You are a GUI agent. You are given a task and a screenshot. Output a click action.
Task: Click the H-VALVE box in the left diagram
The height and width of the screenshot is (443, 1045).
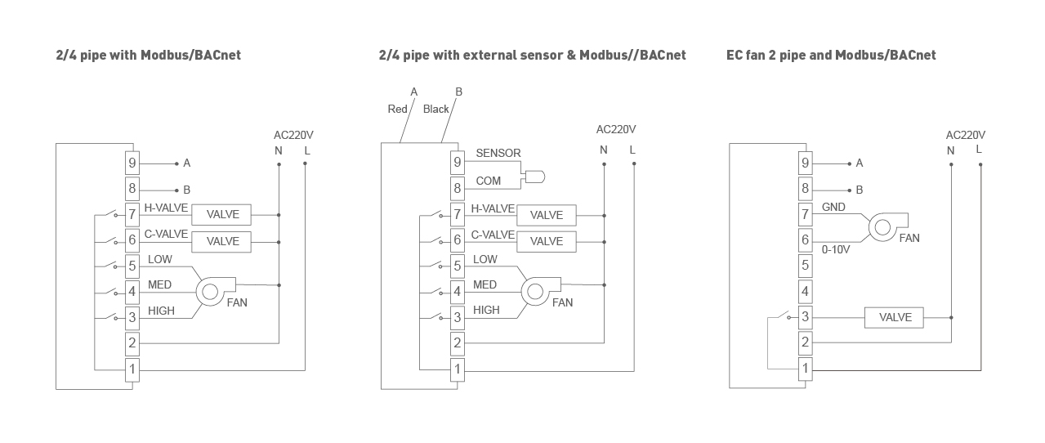click(222, 215)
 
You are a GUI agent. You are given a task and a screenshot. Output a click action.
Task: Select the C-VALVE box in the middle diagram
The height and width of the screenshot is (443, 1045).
click(546, 242)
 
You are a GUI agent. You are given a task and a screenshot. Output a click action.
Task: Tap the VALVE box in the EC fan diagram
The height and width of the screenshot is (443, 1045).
click(894, 317)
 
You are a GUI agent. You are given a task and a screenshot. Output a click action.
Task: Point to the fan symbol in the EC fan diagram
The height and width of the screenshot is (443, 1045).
click(882, 228)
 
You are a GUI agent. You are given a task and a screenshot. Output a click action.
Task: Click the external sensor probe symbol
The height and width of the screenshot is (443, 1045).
click(536, 176)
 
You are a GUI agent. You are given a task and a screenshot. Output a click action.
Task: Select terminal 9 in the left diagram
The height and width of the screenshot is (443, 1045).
click(132, 163)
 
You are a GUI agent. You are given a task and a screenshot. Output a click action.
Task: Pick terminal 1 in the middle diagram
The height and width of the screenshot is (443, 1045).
click(458, 369)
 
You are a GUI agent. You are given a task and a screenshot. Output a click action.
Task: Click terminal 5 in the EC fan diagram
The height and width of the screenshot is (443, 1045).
click(805, 265)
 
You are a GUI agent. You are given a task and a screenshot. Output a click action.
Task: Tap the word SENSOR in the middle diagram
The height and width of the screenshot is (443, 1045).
click(498, 154)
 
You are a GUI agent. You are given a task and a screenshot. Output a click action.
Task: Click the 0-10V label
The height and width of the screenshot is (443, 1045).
click(836, 250)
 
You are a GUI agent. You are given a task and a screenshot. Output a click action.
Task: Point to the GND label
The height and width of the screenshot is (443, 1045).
click(833, 208)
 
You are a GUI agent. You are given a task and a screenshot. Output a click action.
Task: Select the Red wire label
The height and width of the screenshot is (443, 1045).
click(397, 110)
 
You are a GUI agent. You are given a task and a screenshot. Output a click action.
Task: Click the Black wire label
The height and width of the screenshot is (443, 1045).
click(435, 110)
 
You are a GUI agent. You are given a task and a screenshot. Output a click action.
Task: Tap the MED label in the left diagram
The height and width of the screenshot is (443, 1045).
click(159, 285)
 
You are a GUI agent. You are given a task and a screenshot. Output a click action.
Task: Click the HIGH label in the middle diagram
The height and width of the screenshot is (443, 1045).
click(486, 311)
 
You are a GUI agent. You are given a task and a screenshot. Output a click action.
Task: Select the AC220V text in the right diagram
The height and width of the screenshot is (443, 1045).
click(965, 136)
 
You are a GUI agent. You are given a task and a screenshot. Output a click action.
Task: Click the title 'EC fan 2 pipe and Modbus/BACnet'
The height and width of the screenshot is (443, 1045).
click(831, 56)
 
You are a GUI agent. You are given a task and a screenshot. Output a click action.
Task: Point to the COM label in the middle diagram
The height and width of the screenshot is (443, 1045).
click(489, 181)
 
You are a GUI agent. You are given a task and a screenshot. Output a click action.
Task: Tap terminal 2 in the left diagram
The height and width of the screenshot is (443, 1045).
click(132, 343)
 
